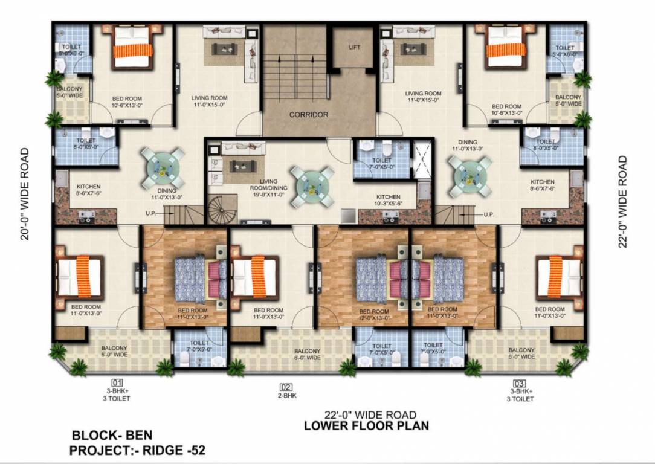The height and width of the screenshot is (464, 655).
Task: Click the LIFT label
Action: (x=353, y=47)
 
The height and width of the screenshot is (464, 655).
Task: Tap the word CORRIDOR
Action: (x=308, y=114)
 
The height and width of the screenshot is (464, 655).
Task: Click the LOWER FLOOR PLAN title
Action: (x=366, y=425)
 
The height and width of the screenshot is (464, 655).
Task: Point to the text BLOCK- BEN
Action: (x=112, y=435)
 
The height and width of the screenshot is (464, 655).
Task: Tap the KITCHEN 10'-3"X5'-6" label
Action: (x=388, y=201)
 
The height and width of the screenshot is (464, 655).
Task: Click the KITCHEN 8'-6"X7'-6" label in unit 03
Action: (x=542, y=185)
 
